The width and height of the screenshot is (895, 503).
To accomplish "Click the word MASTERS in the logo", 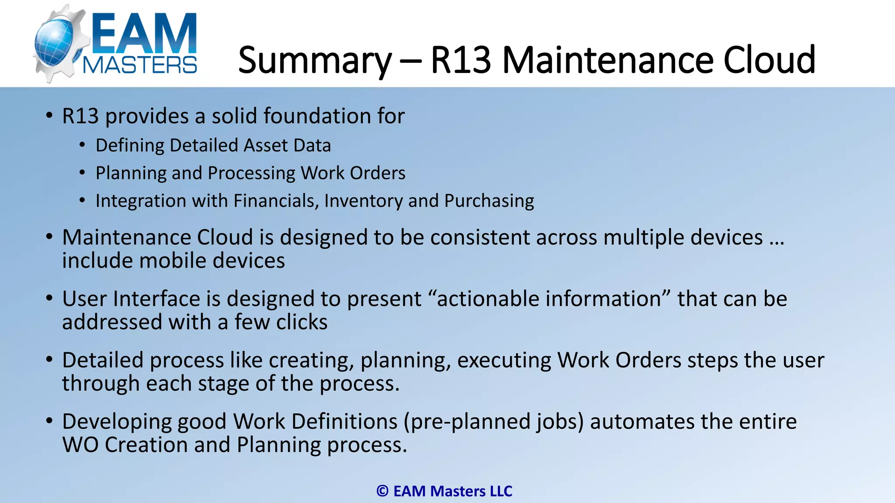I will [x=140, y=65].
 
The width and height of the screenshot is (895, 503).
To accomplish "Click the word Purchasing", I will [x=489, y=201].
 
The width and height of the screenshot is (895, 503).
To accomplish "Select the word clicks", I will [x=302, y=322].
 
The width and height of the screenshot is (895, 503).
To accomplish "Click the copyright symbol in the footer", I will [x=382, y=491].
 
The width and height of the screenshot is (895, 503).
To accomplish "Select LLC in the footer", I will [x=501, y=491].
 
